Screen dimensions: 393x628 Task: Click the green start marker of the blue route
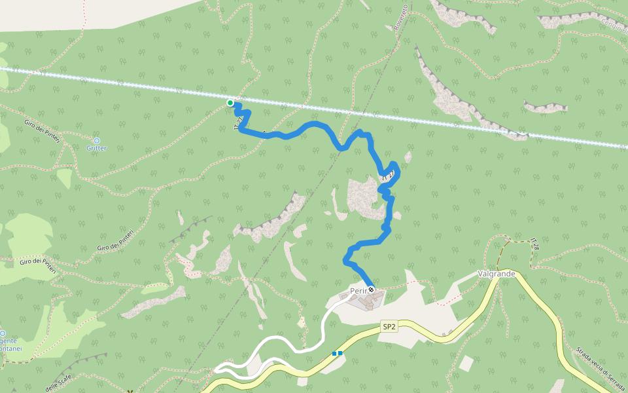[x=230, y=103]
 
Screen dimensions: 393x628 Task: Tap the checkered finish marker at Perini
[x=371, y=290]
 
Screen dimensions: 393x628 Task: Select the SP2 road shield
[x=389, y=326]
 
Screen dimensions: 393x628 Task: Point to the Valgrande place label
[x=497, y=273]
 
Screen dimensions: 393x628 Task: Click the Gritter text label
[x=96, y=149]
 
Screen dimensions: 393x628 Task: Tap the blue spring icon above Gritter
[x=97, y=140]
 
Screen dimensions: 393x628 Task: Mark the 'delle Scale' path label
[x=59, y=384]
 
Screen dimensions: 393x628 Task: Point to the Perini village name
[x=358, y=290]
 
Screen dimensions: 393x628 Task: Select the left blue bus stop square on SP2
[x=334, y=354]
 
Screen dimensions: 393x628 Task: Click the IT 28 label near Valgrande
[x=535, y=245]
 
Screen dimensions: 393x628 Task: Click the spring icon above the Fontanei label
[x=3, y=333]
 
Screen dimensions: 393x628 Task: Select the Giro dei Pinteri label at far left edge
[x=38, y=265]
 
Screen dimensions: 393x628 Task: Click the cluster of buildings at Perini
[x=364, y=301]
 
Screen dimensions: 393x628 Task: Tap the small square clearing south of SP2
[x=466, y=363]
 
